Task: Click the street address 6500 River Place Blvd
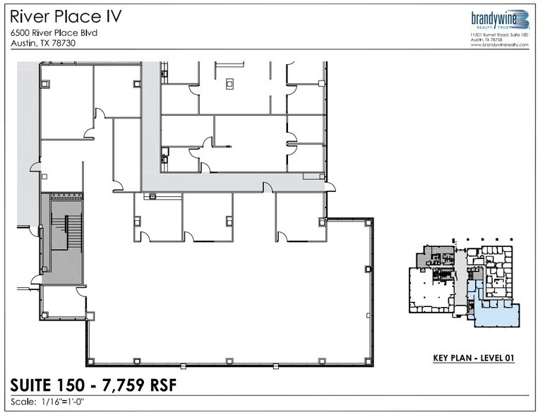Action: [54, 32]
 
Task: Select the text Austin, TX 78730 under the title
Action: [43, 43]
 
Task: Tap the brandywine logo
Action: [499, 20]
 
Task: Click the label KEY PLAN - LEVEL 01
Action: [473, 359]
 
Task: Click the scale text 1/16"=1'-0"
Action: [69, 402]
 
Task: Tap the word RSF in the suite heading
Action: [160, 385]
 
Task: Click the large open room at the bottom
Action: [226, 303]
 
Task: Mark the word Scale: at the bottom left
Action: [24, 402]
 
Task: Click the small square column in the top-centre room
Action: [229, 83]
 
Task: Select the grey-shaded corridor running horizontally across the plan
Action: [233, 182]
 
